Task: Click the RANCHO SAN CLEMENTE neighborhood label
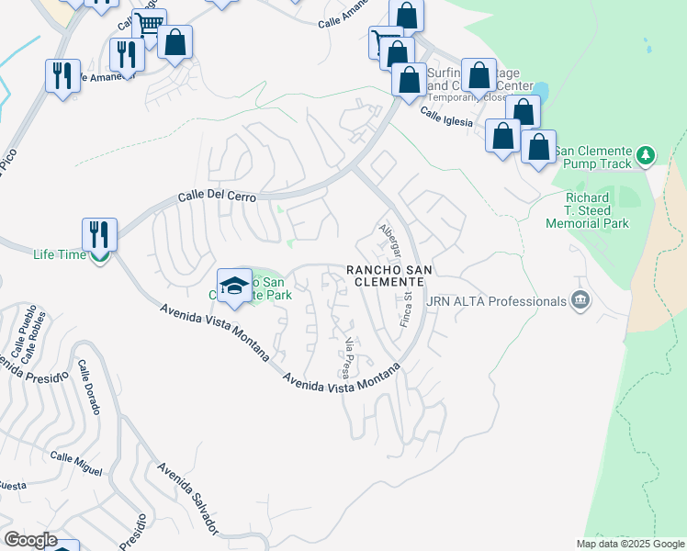coord(389,275)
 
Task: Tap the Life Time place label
coord(60,254)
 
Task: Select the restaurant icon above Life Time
coord(99,233)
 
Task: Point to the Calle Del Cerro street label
coord(216,197)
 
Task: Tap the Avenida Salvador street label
coord(189,499)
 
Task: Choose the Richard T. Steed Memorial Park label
coord(588,210)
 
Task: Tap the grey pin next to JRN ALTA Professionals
coord(580,299)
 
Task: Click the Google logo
coord(29,540)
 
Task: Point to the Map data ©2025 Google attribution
coord(630,544)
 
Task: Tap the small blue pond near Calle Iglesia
coord(541,92)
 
